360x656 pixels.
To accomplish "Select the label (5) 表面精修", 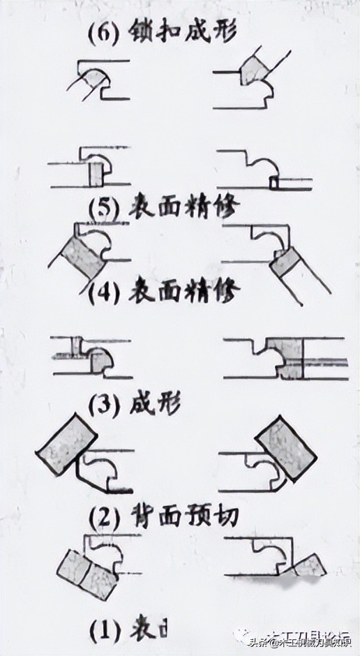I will click(x=165, y=207).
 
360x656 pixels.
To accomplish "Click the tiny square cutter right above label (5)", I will click(x=273, y=182).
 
